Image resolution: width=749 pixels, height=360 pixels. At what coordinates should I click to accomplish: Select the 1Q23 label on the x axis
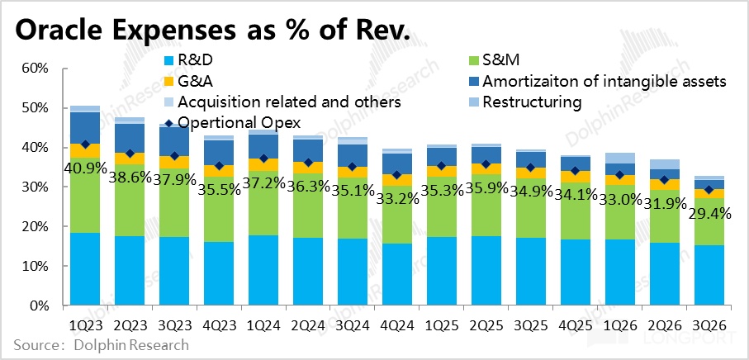point(85,324)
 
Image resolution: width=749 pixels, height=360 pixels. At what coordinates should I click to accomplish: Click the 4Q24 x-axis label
point(396,324)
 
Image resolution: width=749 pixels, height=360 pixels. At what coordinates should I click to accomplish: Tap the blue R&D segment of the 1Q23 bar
point(85,269)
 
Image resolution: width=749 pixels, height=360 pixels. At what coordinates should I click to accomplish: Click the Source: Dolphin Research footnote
point(102,344)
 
